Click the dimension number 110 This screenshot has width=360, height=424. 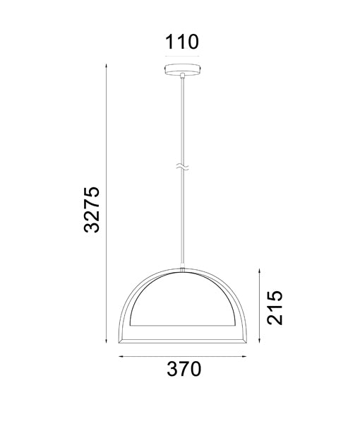(x=182, y=43)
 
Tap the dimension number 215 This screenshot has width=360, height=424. (x=275, y=306)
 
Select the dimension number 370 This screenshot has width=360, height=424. (x=184, y=368)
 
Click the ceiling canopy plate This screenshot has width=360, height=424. (x=182, y=70)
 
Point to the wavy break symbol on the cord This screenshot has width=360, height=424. (x=182, y=167)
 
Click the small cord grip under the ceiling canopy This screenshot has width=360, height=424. (x=182, y=76)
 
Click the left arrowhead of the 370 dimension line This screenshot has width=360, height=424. (x=121, y=356)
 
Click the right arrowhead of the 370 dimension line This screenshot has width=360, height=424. (x=244, y=356)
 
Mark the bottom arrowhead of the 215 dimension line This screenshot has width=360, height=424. (x=260, y=341)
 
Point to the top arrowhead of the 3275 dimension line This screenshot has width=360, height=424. (x=105, y=64)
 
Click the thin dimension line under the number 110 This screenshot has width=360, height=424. (x=182, y=56)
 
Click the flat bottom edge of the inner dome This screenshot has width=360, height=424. (x=182, y=326)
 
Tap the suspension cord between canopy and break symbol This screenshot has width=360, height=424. (x=182, y=120)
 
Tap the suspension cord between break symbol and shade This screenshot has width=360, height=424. (x=182, y=219)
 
